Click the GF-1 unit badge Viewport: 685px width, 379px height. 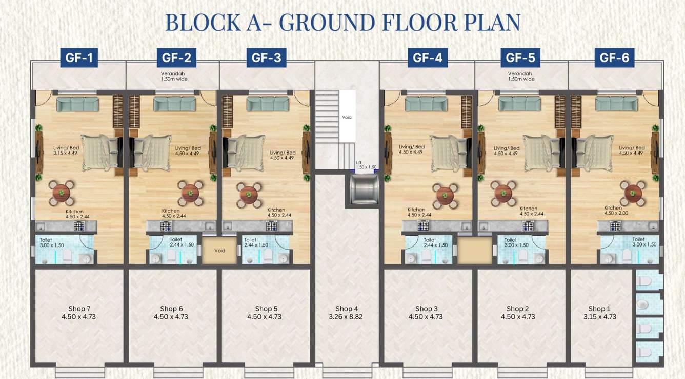pos(79,58)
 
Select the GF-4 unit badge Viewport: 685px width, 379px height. pos(428,58)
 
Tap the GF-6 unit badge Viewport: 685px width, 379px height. pos(614,58)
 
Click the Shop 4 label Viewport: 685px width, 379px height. pos(347,312)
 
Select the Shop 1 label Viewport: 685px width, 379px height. pos(599,312)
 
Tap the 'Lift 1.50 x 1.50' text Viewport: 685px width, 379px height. pos(366,165)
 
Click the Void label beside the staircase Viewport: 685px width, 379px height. pos(347,117)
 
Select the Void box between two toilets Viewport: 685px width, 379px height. pos(219,251)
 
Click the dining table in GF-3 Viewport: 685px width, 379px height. pos(249,194)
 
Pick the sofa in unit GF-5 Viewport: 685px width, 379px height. pos(519,104)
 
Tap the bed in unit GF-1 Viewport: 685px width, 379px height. pos(100,153)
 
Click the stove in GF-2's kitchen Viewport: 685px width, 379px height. pos(174,226)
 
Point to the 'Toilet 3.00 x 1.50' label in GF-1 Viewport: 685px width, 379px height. pos(52,242)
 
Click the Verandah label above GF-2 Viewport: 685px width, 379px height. pos(172,76)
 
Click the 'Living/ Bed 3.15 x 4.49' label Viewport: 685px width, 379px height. pos(65,150)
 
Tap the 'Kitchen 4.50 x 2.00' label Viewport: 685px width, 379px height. pos(616,211)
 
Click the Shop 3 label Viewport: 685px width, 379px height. pos(427,312)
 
